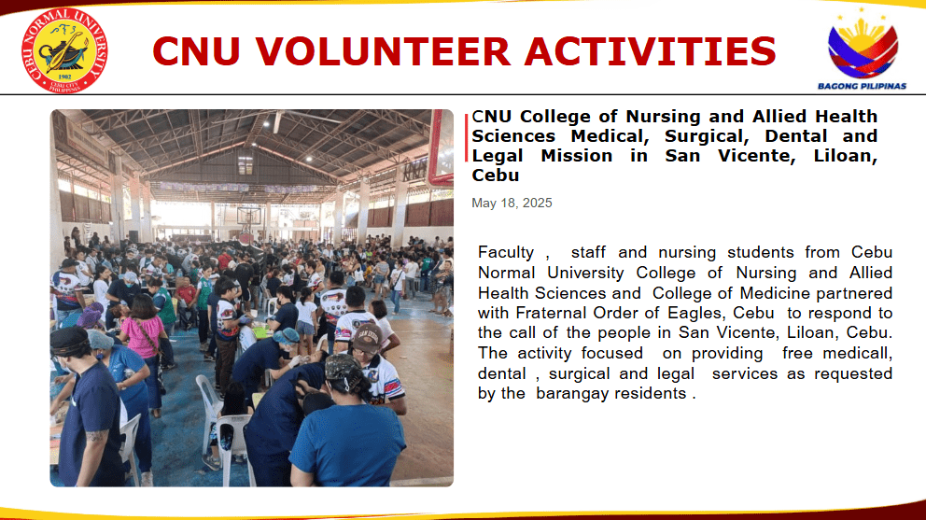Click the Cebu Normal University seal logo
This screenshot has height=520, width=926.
pos(64,50)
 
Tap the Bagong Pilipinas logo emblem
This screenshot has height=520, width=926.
pos(863,46)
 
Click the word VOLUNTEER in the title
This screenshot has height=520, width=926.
pos(382,51)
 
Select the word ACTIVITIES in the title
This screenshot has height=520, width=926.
pos(650,51)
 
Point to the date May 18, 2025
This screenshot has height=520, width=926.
pos(512,204)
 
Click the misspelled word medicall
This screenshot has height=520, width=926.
pos(857,354)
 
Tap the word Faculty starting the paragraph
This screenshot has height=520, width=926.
pos(506,253)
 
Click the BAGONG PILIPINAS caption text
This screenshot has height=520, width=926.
pos(862,86)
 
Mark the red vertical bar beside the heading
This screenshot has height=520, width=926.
pos(467,137)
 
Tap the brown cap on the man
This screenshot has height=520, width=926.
pos(367,337)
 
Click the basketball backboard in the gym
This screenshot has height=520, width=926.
pos(248,215)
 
